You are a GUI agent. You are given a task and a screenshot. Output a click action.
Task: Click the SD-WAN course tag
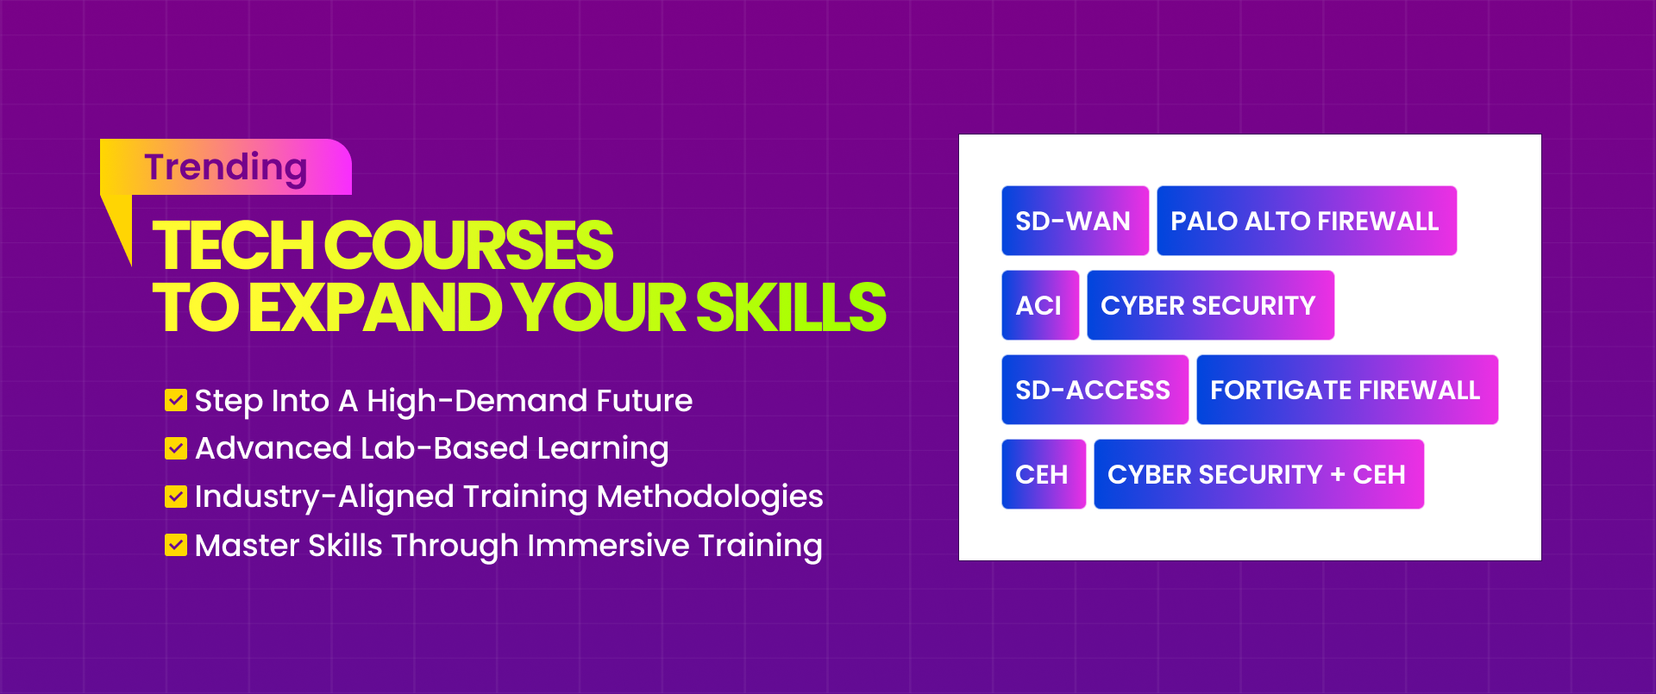[x=1075, y=221]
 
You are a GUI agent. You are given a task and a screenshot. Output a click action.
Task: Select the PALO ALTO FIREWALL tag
[x=1306, y=221]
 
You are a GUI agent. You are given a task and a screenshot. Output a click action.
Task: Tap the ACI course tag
[x=1040, y=305]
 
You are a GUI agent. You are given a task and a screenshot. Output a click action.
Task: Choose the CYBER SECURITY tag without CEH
[x=1209, y=305]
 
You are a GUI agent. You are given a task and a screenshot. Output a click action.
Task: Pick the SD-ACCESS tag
[x=1094, y=390]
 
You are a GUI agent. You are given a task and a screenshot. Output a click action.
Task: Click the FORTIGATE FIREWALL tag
[x=1345, y=390]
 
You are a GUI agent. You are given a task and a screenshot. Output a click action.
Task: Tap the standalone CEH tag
[x=1043, y=474]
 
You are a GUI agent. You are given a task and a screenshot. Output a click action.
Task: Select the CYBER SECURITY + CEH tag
[x=1258, y=474]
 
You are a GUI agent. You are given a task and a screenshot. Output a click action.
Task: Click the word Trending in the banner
[x=226, y=168]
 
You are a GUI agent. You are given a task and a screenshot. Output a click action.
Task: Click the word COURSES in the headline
[x=469, y=246]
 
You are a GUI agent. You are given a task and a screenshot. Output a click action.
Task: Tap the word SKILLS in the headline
[x=790, y=308]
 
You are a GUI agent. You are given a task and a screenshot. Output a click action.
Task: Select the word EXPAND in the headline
[x=376, y=308]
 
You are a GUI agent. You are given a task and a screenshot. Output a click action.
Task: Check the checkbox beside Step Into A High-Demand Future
[x=176, y=400]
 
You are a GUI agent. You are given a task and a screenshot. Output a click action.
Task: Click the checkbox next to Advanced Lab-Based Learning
[x=176, y=448]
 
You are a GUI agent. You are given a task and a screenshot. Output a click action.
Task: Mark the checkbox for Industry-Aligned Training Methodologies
[x=176, y=497]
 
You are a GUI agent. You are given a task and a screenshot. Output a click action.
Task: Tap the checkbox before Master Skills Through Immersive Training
[x=176, y=545]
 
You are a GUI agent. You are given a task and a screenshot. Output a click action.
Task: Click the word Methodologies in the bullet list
[x=709, y=497]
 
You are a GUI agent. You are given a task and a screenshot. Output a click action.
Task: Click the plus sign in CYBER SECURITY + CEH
[x=1338, y=475]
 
